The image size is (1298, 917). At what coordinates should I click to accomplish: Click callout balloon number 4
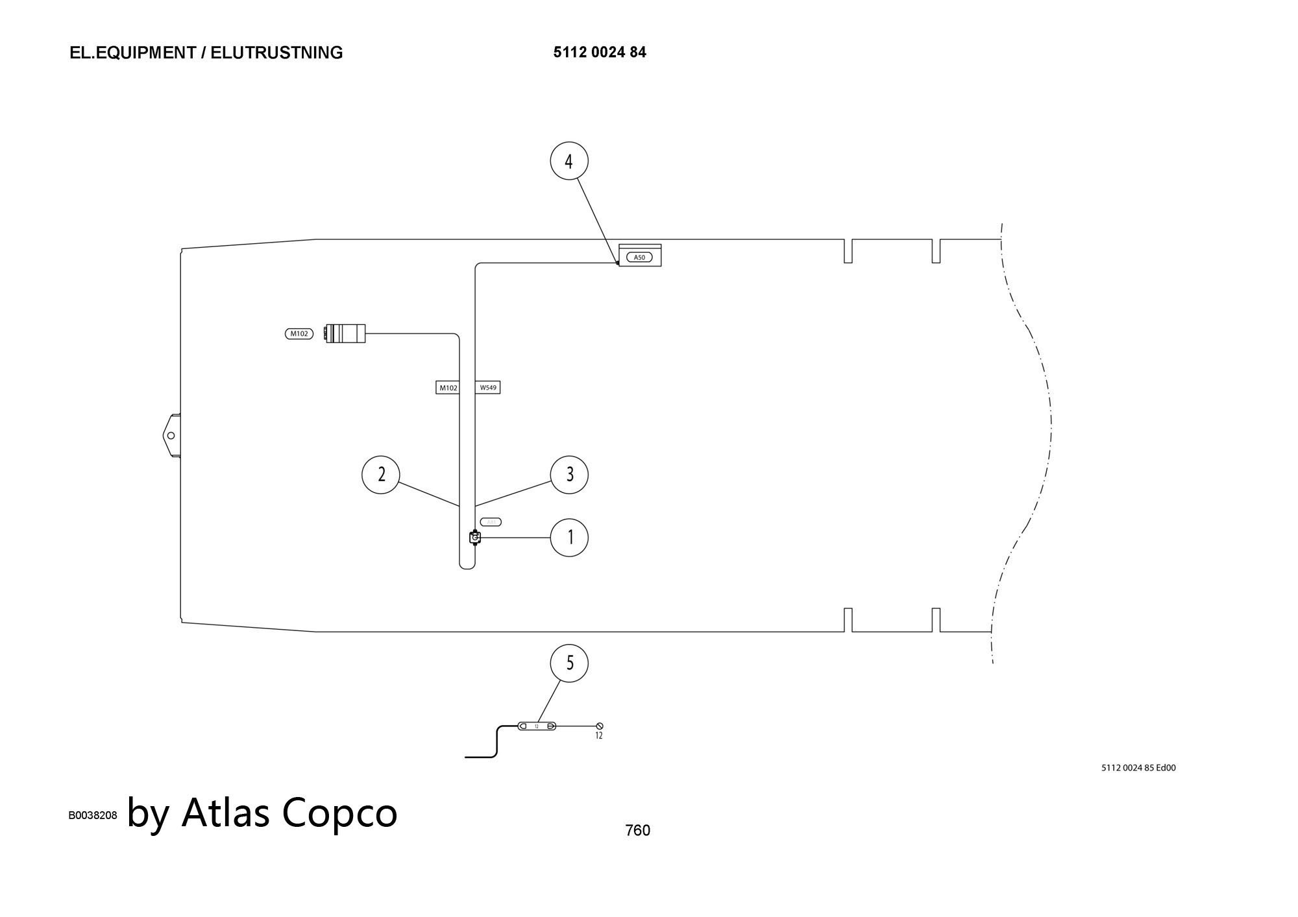coord(569,161)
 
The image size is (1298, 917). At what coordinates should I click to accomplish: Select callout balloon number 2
coord(381,475)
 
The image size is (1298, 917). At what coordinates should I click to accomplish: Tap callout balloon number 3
coord(569,475)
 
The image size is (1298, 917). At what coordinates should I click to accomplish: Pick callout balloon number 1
coord(569,538)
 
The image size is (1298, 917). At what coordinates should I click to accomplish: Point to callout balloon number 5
coord(569,663)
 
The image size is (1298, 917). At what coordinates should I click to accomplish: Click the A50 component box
coord(640,256)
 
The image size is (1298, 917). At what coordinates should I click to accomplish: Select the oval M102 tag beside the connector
coord(299,334)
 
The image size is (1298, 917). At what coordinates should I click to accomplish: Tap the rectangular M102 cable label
coord(448,388)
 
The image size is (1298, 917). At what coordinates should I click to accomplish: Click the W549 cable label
coord(488,388)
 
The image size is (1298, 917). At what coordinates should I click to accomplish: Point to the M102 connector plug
coord(346,333)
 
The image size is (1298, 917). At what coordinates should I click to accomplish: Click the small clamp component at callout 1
coord(475,538)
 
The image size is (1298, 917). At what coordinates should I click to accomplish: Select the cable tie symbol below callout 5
coord(537,726)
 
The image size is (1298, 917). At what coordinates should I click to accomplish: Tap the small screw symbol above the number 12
coord(600,726)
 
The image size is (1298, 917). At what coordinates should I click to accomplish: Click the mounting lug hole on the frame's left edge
coord(171,435)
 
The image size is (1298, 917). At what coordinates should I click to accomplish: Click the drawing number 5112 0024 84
coord(600,53)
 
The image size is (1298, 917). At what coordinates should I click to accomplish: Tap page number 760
coord(637,830)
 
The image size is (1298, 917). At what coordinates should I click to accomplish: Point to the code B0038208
coord(93,815)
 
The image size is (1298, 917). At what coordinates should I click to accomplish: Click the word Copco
coord(339,813)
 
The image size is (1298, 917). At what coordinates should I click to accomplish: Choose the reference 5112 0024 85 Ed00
coord(1138,768)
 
